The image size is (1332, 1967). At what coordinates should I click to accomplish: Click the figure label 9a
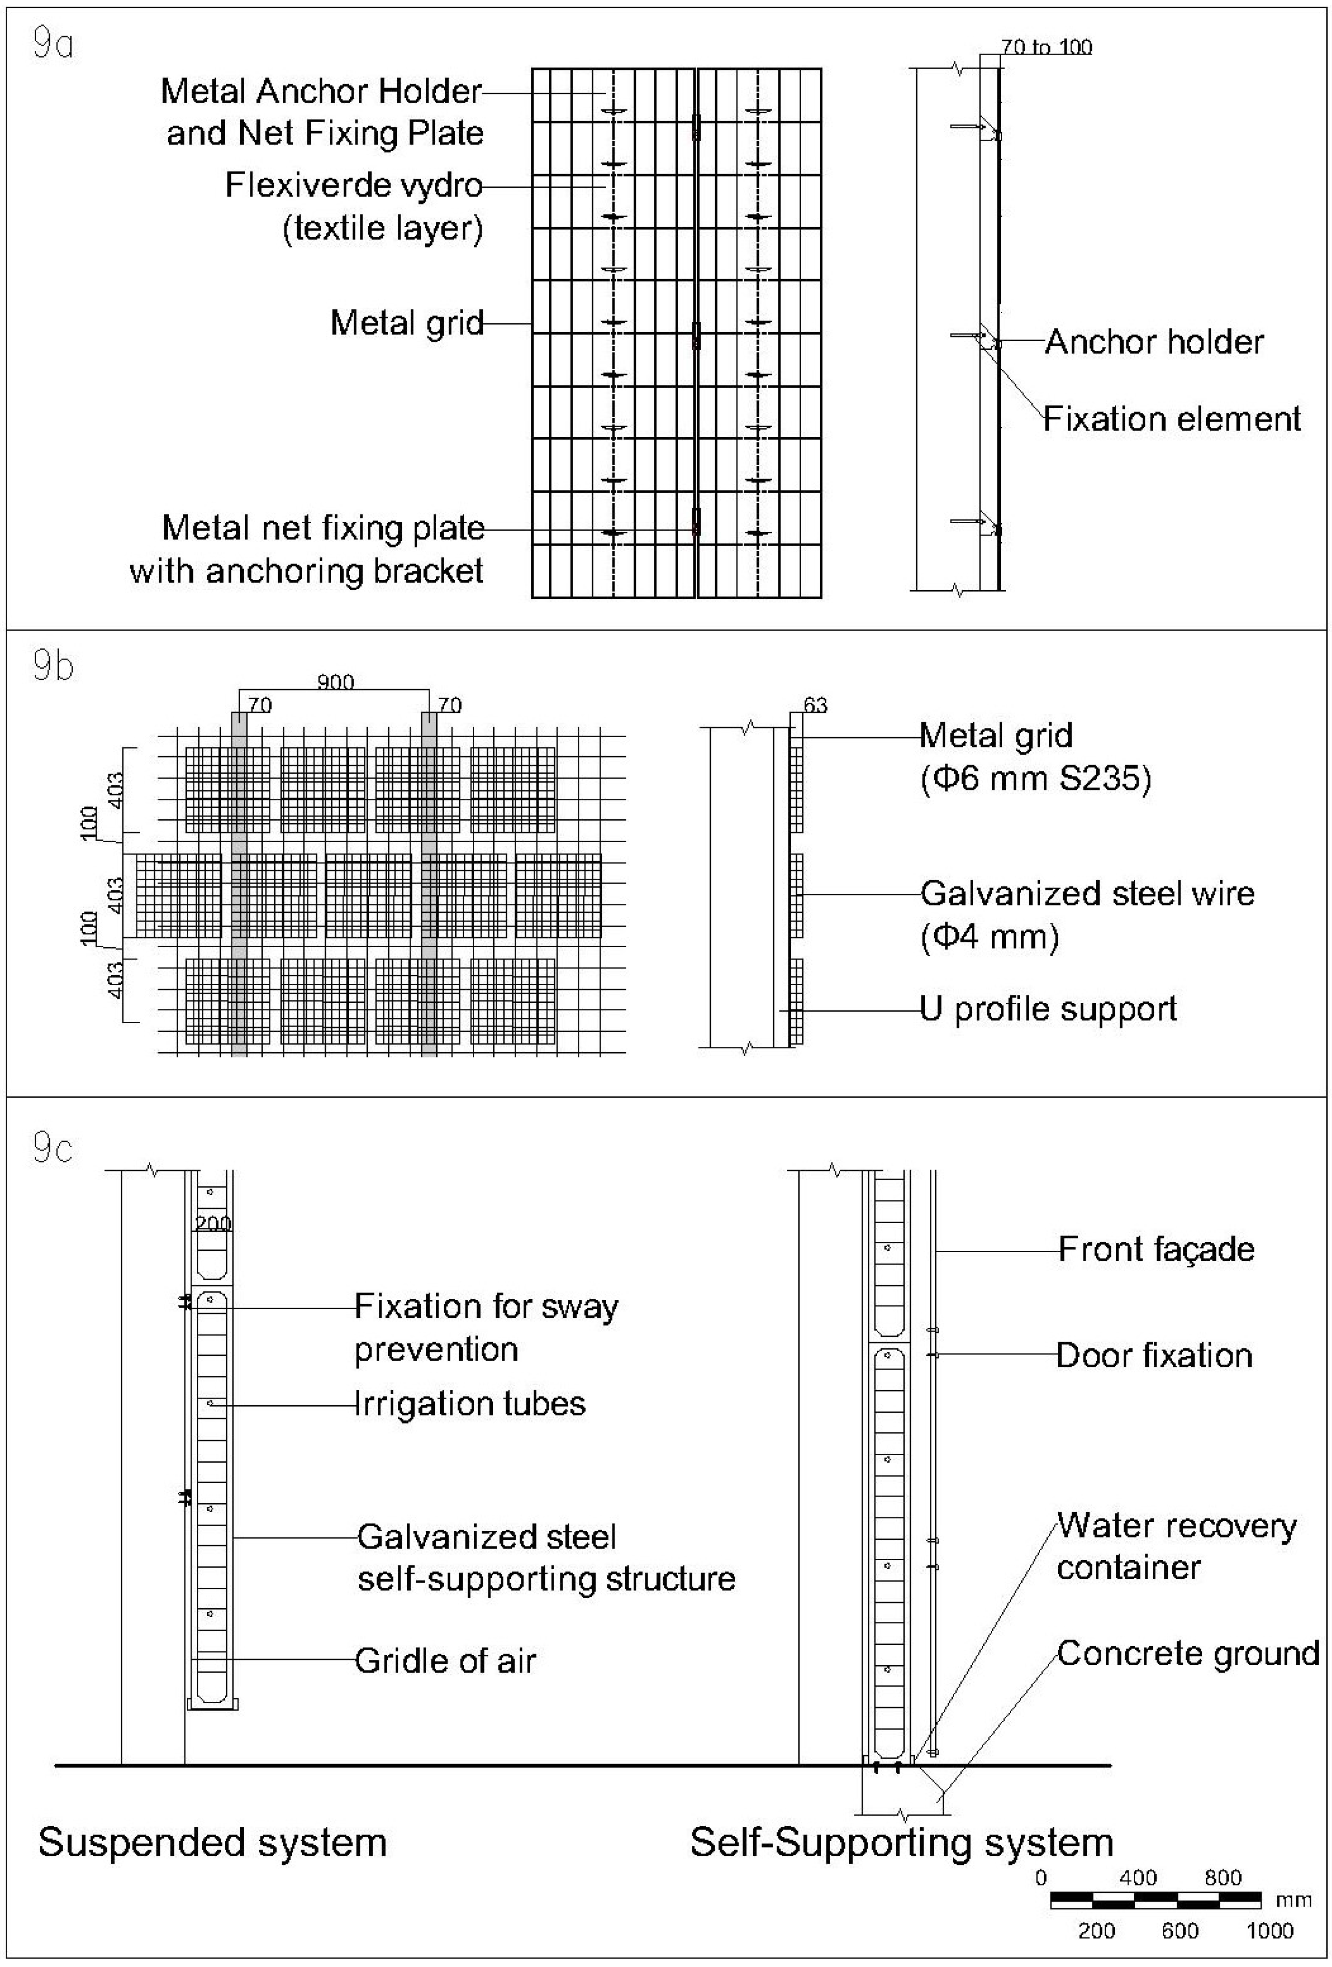(52, 44)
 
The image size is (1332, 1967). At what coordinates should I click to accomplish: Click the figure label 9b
(52, 666)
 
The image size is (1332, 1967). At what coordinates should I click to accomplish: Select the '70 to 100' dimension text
(1046, 48)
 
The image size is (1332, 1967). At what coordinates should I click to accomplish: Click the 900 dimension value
(335, 682)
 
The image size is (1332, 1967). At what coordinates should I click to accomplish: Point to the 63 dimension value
(815, 705)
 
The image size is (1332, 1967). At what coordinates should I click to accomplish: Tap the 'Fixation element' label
(1171, 419)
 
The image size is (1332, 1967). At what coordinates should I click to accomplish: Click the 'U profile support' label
(1048, 1009)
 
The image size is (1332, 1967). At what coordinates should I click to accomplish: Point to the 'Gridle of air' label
(445, 1660)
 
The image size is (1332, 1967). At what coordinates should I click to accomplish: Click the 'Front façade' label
(1156, 1249)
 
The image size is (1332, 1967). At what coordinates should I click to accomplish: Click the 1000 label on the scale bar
(1269, 1930)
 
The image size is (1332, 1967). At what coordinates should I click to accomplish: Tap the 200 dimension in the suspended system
(212, 1223)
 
